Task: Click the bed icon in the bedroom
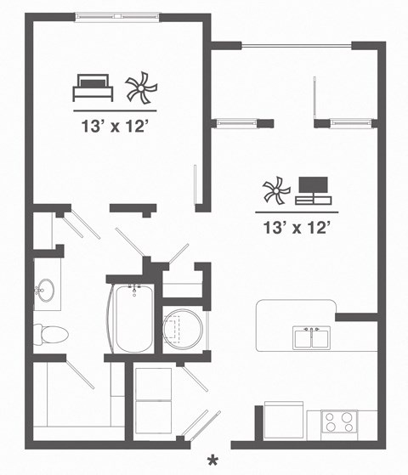(x=93, y=86)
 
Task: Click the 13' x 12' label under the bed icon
(x=116, y=128)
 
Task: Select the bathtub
(x=133, y=320)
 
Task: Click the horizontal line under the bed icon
(x=116, y=110)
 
